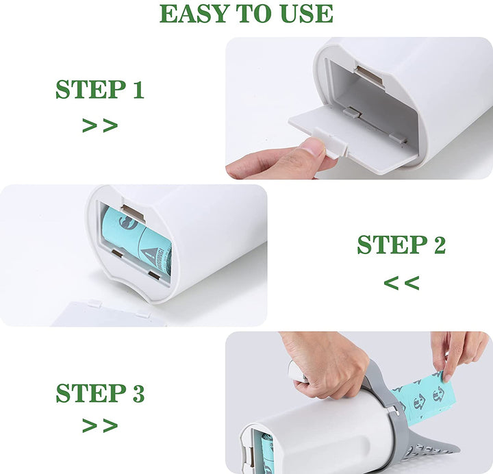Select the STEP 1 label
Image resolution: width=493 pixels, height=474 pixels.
coord(100,90)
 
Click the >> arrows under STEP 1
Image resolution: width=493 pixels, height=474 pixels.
coord(100,125)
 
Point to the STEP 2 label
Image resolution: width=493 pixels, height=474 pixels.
coord(401,245)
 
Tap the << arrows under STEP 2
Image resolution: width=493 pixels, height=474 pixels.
coord(401,282)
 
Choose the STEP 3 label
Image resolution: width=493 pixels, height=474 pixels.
coord(100,394)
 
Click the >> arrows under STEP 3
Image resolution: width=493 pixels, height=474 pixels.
coord(100,425)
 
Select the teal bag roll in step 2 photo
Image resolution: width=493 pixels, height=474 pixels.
coord(137,240)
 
